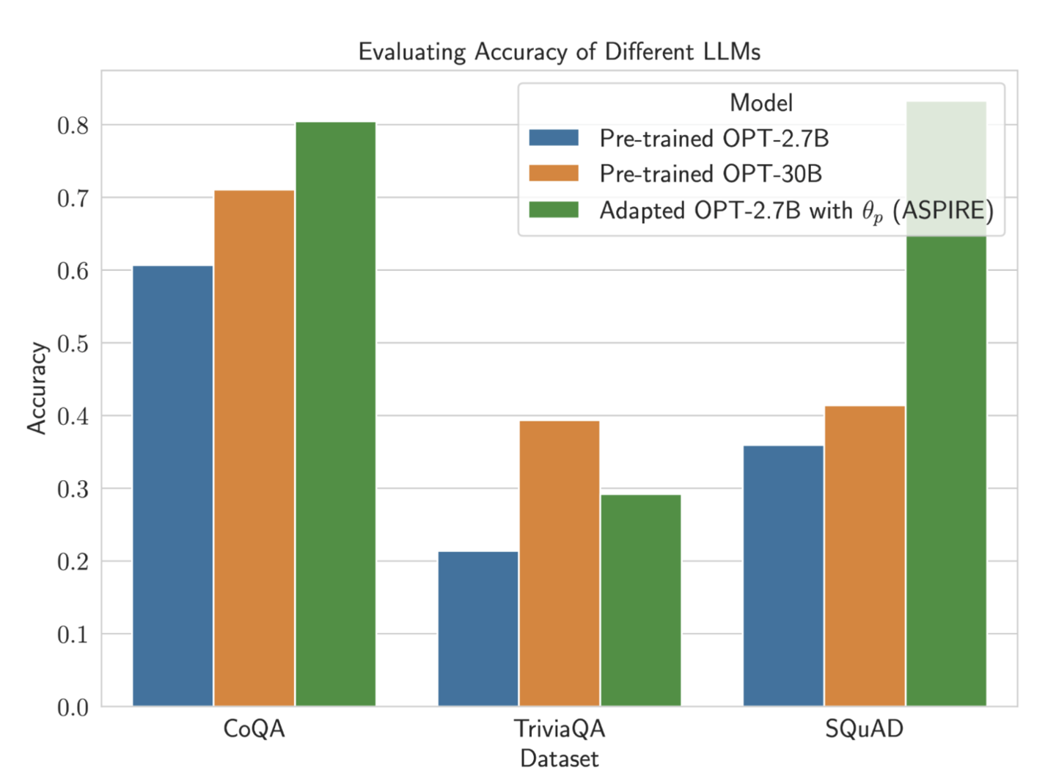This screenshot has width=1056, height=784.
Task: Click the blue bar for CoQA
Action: pos(173,485)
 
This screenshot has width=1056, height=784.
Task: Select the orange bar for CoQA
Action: pos(254,448)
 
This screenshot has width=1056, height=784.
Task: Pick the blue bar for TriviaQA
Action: pos(478,628)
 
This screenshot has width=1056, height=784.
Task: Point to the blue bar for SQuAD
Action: pos(783,576)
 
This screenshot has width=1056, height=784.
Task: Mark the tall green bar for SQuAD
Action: pos(946,470)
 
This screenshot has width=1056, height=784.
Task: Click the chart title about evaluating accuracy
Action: pos(559,52)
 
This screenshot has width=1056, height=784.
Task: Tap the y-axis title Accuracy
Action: pos(37,388)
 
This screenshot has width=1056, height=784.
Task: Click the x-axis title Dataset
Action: pos(559,758)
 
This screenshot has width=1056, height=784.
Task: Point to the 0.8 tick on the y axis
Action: pos(73,126)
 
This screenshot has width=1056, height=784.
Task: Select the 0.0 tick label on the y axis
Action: pos(73,707)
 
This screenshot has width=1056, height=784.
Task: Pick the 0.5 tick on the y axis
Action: pos(73,344)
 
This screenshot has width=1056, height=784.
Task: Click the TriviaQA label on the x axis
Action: pos(560,729)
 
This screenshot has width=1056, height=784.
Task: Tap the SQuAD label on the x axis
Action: pos(864,729)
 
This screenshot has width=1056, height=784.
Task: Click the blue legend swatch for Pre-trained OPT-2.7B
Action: pos(554,138)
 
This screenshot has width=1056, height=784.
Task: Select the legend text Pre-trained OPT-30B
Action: pos(710,174)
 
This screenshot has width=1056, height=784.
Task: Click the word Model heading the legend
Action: pos(761,103)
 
